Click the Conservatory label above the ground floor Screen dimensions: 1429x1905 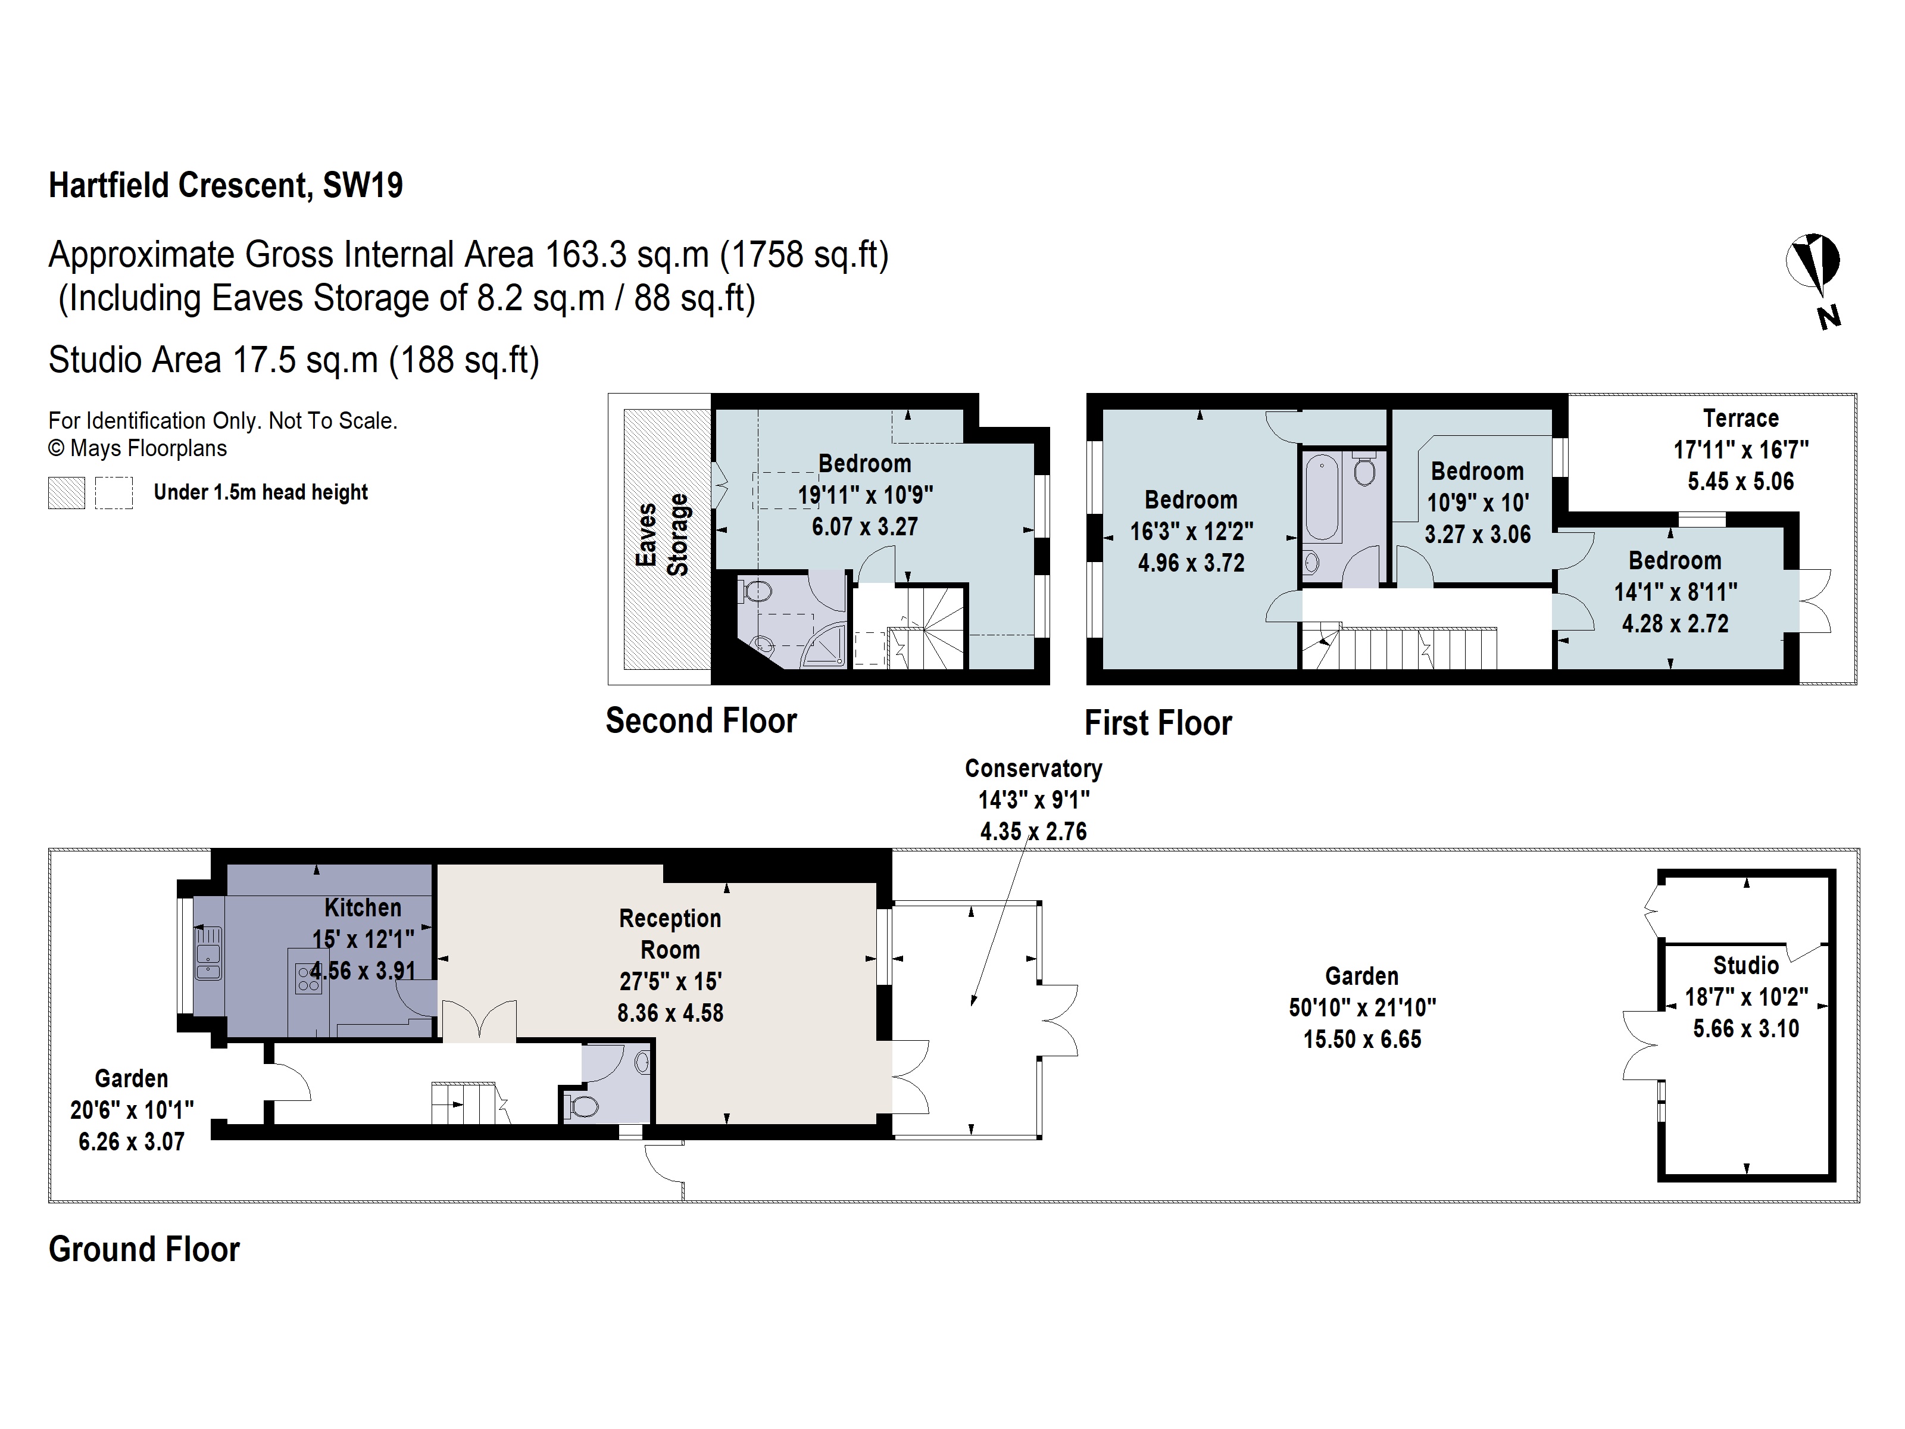pyautogui.click(x=1033, y=768)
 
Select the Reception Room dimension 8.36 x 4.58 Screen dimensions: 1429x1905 pyautogui.click(x=670, y=1013)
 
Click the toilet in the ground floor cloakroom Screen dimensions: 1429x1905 pyautogui.click(x=583, y=1106)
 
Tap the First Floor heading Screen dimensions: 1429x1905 pyautogui.click(x=1157, y=723)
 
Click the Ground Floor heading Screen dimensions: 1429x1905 pyautogui.click(x=144, y=1249)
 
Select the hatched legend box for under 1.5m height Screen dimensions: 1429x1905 pyautogui.click(x=66, y=492)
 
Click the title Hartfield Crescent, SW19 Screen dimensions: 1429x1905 pyautogui.click(x=226, y=185)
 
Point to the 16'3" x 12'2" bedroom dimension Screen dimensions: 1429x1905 pyautogui.click(x=1191, y=532)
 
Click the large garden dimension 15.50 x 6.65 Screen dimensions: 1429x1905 pyautogui.click(x=1361, y=1040)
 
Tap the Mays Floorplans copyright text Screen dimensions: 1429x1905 pyautogui.click(x=138, y=449)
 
